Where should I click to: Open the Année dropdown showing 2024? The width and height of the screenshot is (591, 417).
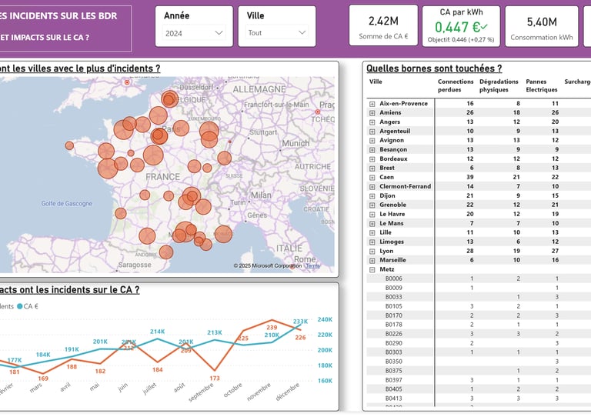(193, 33)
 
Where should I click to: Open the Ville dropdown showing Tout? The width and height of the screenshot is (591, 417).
(276, 33)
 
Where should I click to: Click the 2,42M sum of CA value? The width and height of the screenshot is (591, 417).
(383, 22)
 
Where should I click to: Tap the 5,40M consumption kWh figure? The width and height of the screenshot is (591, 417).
(542, 22)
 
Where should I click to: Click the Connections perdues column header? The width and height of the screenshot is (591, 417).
(455, 85)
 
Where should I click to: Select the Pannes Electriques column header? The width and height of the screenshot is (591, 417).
(542, 85)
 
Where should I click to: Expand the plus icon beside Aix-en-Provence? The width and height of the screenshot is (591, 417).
(372, 103)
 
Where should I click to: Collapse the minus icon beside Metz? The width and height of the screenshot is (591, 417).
(372, 269)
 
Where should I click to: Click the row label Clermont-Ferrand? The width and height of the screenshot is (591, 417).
(405, 186)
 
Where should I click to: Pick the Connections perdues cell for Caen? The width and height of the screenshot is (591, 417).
(469, 177)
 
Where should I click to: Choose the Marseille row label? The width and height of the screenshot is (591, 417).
(394, 260)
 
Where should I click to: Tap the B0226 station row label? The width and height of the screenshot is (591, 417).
(393, 334)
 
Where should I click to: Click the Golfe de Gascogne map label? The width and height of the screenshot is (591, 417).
(66, 203)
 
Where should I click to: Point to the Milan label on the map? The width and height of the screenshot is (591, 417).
(261, 195)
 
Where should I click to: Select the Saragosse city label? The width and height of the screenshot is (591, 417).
(135, 265)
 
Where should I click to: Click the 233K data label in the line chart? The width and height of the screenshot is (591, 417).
(300, 322)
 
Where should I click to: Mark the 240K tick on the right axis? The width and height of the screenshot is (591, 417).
(324, 319)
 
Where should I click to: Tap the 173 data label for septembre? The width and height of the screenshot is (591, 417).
(214, 378)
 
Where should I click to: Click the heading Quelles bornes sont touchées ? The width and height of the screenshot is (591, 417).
(434, 68)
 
